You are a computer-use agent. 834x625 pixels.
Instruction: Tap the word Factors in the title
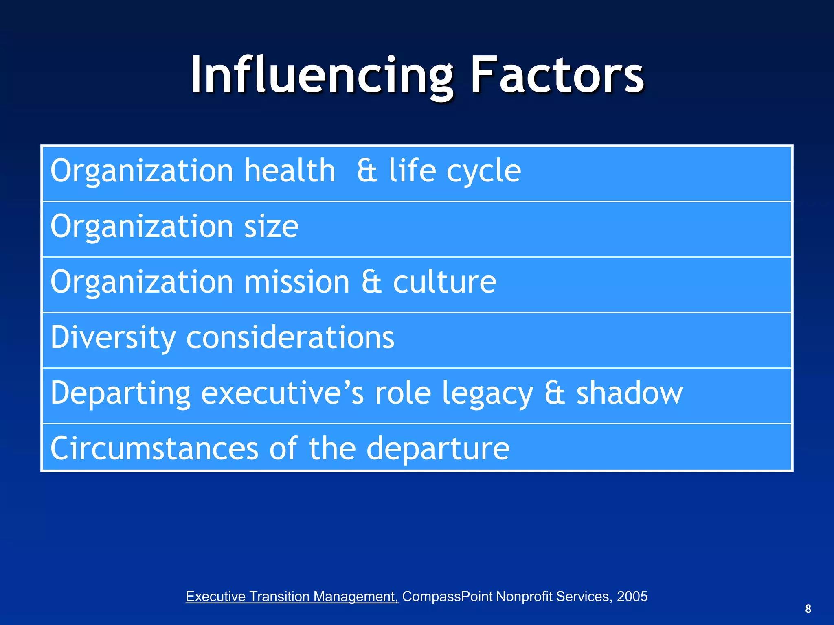pyautogui.click(x=557, y=75)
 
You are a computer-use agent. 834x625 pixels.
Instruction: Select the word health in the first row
pyautogui.click(x=290, y=170)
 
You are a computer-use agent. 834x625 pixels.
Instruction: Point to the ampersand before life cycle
pyautogui.click(x=367, y=171)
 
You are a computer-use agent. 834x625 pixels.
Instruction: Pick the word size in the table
pyautogui.click(x=271, y=227)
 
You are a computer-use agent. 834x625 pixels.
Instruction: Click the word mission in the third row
pyautogui.click(x=297, y=282)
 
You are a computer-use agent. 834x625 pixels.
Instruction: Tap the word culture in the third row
pyautogui.click(x=444, y=282)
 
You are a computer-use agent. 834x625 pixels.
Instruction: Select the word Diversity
pyautogui.click(x=113, y=338)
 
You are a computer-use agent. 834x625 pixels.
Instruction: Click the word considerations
pyautogui.click(x=290, y=338)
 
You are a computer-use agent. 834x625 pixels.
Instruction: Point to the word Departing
pyautogui.click(x=121, y=393)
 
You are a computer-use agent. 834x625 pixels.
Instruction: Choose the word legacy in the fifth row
pyautogui.click(x=487, y=393)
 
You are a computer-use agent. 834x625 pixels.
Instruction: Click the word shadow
pyautogui.click(x=629, y=393)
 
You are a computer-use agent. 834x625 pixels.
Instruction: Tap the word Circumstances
pyautogui.click(x=154, y=448)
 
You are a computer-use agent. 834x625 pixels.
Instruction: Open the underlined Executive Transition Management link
pyautogui.click(x=292, y=597)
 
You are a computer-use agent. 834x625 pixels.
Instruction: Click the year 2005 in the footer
pyautogui.click(x=632, y=597)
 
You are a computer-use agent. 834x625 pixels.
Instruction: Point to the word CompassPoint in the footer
pyautogui.click(x=448, y=597)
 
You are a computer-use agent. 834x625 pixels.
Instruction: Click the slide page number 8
pyautogui.click(x=808, y=609)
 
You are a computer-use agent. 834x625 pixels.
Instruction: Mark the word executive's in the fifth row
pyautogui.click(x=283, y=393)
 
